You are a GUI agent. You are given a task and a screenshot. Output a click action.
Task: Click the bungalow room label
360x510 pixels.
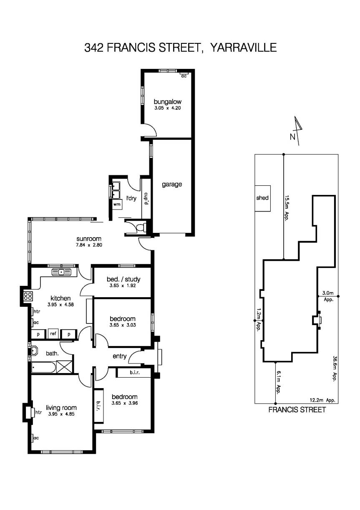167,101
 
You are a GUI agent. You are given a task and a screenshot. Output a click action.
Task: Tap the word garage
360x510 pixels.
172,184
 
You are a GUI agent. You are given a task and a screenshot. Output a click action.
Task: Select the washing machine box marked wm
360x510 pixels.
116,205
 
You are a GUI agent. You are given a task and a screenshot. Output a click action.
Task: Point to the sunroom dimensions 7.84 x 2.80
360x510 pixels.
88,245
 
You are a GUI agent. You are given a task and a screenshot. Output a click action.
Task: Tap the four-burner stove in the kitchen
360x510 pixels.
28,296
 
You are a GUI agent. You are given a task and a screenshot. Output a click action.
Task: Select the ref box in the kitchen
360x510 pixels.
53,334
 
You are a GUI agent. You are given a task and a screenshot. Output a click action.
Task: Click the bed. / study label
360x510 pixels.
124,279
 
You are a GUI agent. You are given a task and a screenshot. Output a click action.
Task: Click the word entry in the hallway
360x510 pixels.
120,356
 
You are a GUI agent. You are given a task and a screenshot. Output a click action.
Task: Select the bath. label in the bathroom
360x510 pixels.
52,353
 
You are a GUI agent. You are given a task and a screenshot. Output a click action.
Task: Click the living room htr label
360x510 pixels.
39,412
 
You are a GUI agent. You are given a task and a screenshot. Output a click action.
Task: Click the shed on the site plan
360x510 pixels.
262,198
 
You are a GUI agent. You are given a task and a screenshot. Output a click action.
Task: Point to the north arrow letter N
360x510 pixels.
292,136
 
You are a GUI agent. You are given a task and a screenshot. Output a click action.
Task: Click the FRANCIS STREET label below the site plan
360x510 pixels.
297,410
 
